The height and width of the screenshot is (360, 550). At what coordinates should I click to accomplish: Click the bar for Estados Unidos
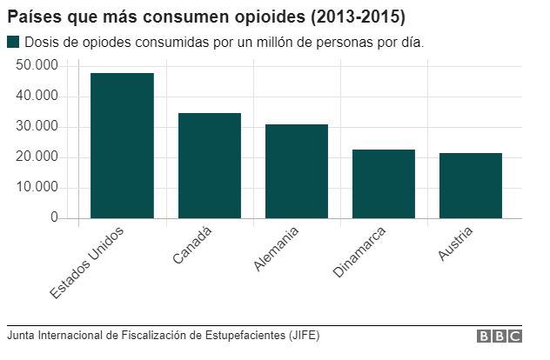click(122, 145)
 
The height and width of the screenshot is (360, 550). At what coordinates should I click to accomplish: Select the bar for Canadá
click(209, 165)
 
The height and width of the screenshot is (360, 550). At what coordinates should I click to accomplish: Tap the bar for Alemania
click(296, 171)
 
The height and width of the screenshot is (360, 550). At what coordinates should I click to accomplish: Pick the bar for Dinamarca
click(383, 183)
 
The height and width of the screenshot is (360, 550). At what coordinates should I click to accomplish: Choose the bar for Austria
click(470, 185)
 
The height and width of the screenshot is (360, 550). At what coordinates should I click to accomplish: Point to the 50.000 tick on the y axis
click(37, 66)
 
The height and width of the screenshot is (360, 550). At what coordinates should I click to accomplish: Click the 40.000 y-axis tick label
click(37, 97)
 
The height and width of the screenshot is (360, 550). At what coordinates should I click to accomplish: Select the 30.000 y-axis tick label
click(37, 127)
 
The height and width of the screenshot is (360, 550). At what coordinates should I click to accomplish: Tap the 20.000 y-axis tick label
click(37, 157)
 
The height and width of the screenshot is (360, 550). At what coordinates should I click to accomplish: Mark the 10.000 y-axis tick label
click(37, 188)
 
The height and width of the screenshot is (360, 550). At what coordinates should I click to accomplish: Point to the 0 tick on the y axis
click(53, 217)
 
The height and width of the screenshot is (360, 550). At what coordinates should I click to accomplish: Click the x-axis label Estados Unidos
click(87, 263)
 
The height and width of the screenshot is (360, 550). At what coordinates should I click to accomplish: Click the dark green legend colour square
click(12, 43)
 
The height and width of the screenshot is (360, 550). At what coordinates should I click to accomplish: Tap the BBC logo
click(499, 337)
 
